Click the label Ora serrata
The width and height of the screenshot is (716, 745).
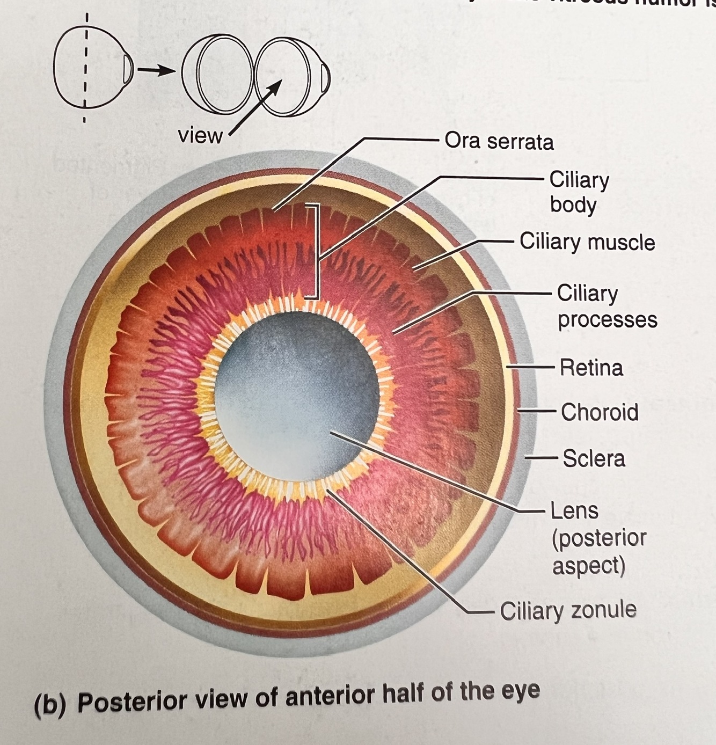(499, 142)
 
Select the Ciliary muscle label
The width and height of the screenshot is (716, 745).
(587, 242)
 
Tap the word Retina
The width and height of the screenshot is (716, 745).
(591, 368)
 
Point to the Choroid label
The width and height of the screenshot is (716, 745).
(600, 413)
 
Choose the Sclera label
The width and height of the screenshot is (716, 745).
(594, 459)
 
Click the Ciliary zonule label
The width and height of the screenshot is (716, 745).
(568, 611)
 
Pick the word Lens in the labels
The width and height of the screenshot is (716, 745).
(574, 511)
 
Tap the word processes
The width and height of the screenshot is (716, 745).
(607, 320)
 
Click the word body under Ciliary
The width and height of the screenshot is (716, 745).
(573, 206)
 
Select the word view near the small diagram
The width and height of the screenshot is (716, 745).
(200, 136)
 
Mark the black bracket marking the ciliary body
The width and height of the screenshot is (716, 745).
(317, 251)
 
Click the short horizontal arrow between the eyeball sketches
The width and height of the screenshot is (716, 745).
(156, 70)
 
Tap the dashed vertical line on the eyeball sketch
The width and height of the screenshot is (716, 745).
(85, 70)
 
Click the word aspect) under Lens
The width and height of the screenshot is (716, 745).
(588, 566)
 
